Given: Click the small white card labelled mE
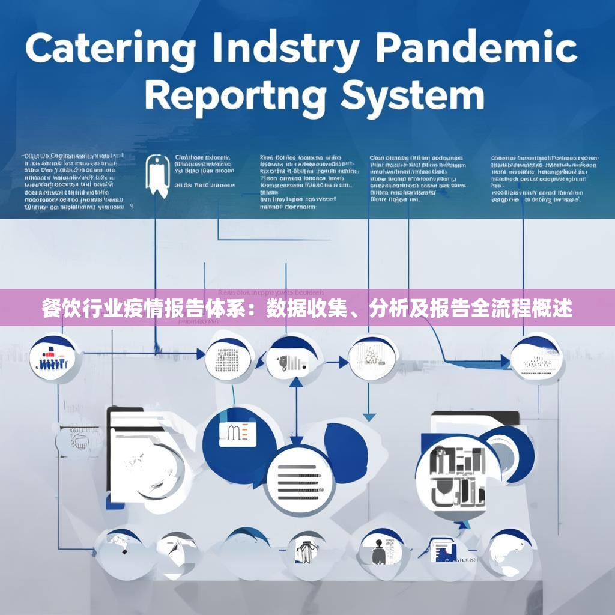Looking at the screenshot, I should [237, 434].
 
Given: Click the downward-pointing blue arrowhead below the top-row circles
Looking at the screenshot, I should [369, 417].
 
